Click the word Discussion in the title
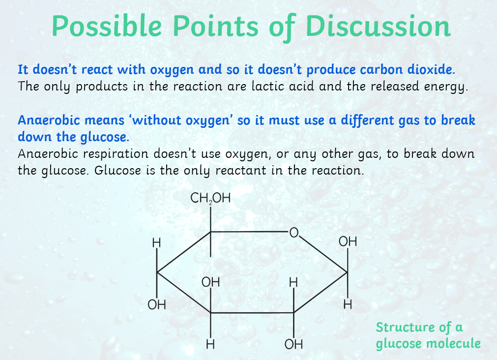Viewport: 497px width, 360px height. click(378, 26)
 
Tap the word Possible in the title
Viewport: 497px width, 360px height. click(107, 26)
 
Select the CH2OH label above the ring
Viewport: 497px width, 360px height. click(210, 198)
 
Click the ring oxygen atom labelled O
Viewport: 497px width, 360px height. click(294, 233)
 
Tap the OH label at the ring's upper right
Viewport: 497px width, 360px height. click(348, 241)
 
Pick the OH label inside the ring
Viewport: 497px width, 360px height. click(210, 282)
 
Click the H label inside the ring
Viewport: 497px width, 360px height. click(293, 282)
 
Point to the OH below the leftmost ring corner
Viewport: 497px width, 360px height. click(157, 304)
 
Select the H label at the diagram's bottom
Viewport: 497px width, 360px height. click(210, 344)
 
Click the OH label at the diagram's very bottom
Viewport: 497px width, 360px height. click(293, 344)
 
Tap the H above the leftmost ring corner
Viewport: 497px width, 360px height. click(156, 243)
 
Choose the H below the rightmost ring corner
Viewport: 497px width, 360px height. click(348, 304)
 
